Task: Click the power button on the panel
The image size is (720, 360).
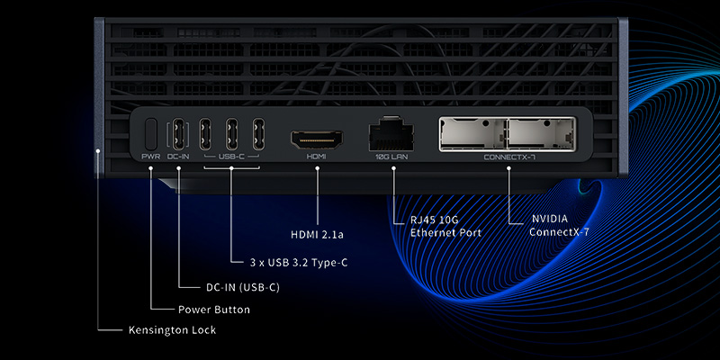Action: pos(151,134)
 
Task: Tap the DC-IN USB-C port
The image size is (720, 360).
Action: pos(178,134)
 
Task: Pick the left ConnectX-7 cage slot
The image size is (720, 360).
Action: pos(472,134)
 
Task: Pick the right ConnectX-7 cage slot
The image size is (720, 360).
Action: pos(539,134)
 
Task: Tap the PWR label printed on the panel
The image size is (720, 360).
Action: pos(151,157)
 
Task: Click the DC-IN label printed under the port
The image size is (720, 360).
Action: pos(178,157)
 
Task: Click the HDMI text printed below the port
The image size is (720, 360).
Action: pos(316,157)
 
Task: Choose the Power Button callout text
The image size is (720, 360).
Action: pos(213,309)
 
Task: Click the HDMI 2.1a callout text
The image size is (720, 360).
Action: pos(319,235)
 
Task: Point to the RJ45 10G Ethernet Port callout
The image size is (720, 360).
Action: pos(446,226)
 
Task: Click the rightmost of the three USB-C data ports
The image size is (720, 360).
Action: pos(258,134)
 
